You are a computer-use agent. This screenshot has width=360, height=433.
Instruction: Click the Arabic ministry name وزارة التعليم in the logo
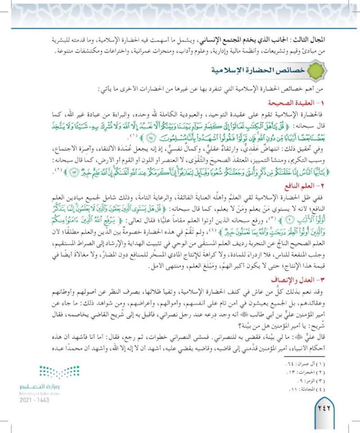pos(43,387)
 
